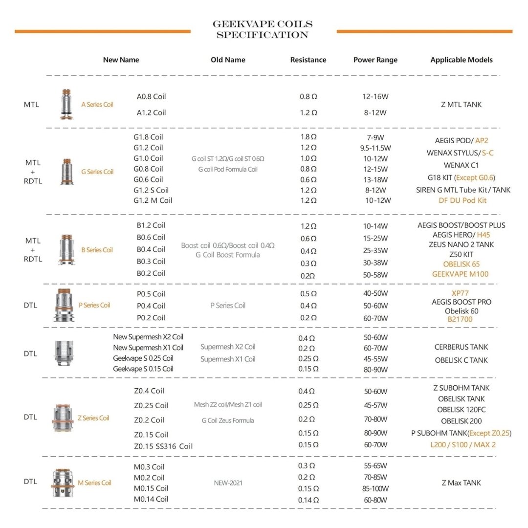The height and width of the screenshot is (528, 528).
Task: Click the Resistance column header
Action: pyautogui.click(x=308, y=60)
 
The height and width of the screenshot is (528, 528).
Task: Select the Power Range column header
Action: pyautogui.click(x=375, y=60)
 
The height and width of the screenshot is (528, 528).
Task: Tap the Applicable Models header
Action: pyautogui.click(x=462, y=60)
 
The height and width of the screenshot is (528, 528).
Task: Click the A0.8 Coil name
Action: pyautogui.click(x=151, y=97)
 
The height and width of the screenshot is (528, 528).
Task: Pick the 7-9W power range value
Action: pyautogui.click(x=375, y=137)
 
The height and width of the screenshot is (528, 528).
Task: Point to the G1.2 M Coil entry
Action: pyautogui.click(x=153, y=200)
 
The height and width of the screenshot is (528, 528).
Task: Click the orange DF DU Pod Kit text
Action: pyautogui.click(x=462, y=200)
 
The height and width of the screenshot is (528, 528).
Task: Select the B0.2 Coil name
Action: pyautogui.click(x=151, y=273)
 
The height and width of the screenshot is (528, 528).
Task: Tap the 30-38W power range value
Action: pyautogui.click(x=375, y=263)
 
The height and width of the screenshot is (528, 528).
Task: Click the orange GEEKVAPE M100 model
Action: pyautogui.click(x=460, y=274)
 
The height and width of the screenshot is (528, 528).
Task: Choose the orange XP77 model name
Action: pyautogui.click(x=461, y=293)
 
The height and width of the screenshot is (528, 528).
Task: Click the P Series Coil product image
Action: pyautogui.click(x=64, y=305)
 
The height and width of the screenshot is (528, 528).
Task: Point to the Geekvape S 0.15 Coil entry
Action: pyautogui.click(x=143, y=369)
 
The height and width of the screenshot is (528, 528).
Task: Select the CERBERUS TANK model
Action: pyautogui.click(x=461, y=347)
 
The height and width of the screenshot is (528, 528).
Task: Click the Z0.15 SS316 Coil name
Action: pyautogui.click(x=163, y=446)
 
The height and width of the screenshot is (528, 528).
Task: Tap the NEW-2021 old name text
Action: pyautogui.click(x=228, y=483)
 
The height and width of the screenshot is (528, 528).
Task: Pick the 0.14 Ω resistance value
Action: pyautogui.click(x=308, y=500)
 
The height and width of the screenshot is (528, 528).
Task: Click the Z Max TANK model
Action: pyautogui.click(x=461, y=483)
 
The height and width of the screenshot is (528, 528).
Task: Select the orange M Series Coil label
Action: pyautogui.click(x=94, y=483)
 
